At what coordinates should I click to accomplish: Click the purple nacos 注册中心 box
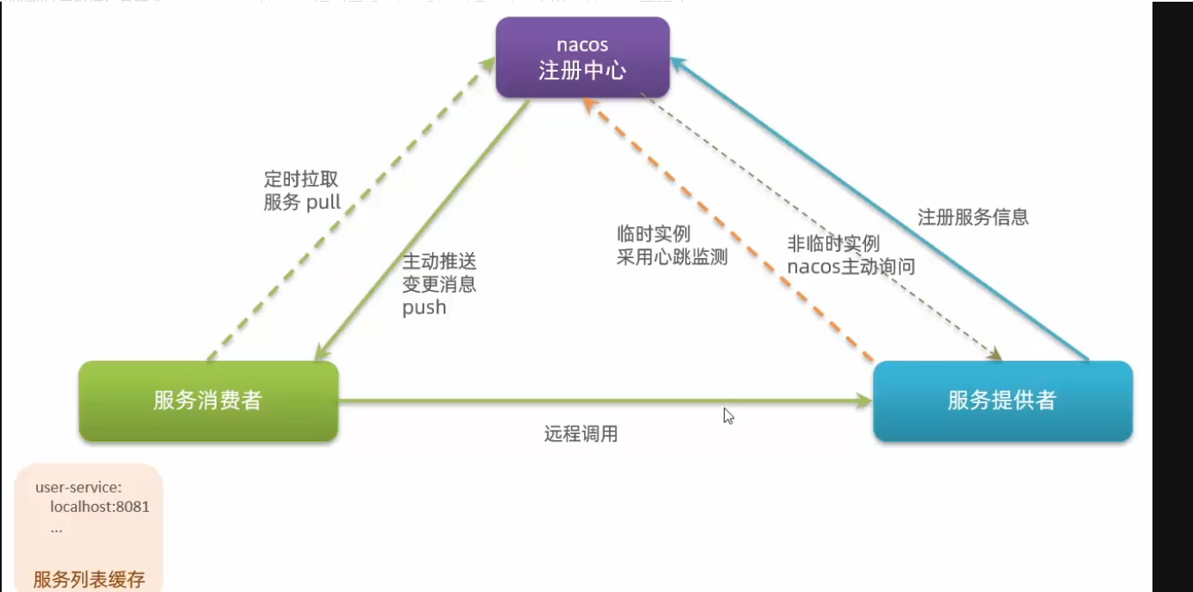(x=582, y=57)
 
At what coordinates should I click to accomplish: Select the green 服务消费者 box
(x=208, y=400)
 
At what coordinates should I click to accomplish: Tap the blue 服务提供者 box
(x=1001, y=400)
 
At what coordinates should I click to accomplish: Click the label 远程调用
(x=581, y=434)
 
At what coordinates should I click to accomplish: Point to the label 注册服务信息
(x=973, y=217)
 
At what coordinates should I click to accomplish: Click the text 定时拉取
(x=301, y=180)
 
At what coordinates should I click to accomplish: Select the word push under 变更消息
(x=424, y=307)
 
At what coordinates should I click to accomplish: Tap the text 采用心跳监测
(x=672, y=256)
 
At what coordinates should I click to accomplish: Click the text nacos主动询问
(x=851, y=267)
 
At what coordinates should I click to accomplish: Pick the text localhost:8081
(x=99, y=507)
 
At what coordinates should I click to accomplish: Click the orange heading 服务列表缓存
(x=89, y=579)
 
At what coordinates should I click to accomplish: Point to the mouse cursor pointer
(x=728, y=415)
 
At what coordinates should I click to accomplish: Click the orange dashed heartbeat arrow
(x=733, y=233)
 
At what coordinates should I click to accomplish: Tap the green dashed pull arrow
(x=345, y=216)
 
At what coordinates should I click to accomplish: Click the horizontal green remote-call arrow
(x=604, y=400)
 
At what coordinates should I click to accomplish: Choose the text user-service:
(x=78, y=488)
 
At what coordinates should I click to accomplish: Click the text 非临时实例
(x=833, y=244)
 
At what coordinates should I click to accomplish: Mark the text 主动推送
(x=439, y=261)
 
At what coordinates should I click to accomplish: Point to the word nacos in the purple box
(x=582, y=45)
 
